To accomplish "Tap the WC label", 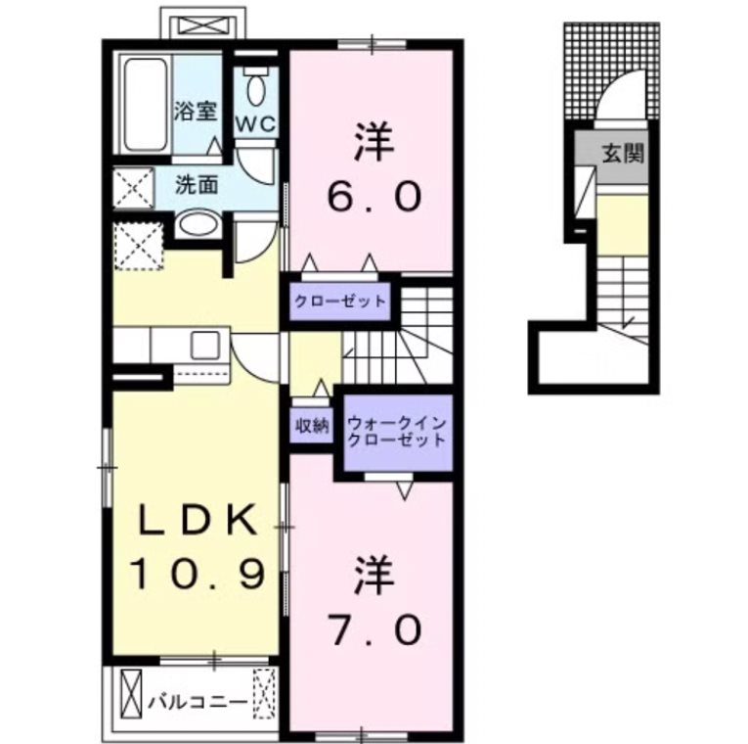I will point(257,124).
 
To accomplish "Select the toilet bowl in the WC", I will point(256,91).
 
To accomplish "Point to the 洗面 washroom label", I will point(197,183).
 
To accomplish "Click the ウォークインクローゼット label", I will point(396,433).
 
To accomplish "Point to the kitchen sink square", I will point(206,345).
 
